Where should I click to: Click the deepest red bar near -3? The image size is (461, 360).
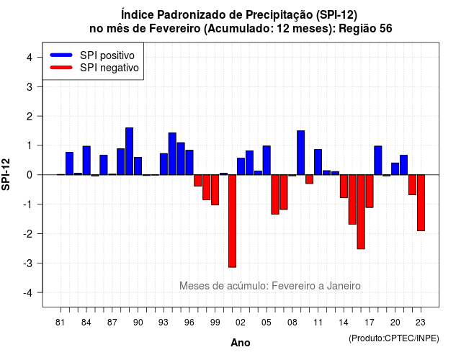(232, 221)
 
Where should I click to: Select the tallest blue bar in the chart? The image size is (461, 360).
(130, 151)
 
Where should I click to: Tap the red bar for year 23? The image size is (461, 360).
(421, 203)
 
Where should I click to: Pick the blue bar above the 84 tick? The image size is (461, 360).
(86, 161)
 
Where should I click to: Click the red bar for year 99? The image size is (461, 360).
(215, 190)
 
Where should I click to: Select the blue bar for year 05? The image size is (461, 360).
(267, 160)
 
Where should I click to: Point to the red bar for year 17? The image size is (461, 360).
(370, 191)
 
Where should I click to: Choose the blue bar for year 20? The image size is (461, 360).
(395, 168)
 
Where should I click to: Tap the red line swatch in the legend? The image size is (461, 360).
(61, 68)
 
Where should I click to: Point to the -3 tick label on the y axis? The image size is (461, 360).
(29, 263)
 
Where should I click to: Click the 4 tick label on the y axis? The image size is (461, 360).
(30, 58)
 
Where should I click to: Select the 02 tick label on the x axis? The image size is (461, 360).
(241, 323)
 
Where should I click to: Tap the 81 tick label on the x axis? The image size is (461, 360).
(61, 323)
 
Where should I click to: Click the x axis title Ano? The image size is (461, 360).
(241, 343)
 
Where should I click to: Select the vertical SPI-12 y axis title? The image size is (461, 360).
(6, 174)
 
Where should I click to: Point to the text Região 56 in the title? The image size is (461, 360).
(365, 29)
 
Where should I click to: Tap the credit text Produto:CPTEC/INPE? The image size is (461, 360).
(394, 338)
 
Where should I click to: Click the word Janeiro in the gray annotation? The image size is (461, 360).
(344, 286)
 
